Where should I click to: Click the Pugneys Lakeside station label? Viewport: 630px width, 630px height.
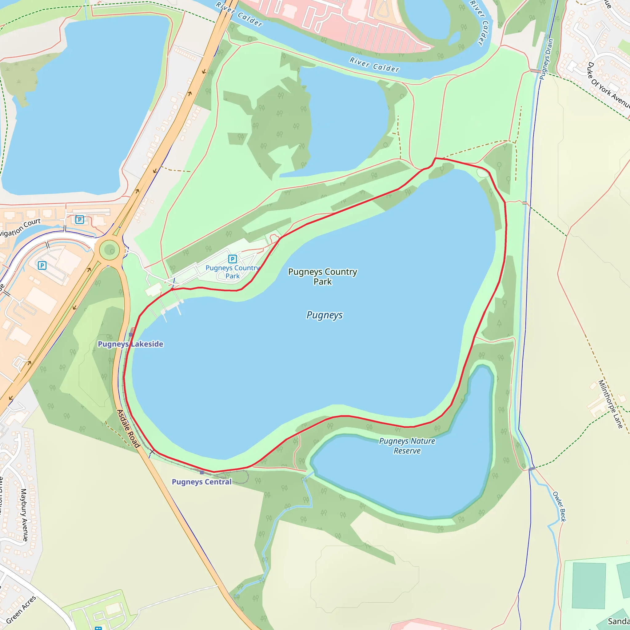point(130,344)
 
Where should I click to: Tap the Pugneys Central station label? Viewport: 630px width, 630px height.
point(201,482)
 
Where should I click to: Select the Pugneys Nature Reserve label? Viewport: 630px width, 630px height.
point(407,446)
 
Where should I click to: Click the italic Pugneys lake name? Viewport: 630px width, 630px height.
point(325,315)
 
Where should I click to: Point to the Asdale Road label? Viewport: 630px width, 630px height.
point(129,429)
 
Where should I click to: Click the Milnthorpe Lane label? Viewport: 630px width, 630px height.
point(610,404)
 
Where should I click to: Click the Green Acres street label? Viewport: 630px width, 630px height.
point(21,609)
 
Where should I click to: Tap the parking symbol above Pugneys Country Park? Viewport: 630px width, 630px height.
point(232,259)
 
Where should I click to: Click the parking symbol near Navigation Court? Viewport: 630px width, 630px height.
point(80,219)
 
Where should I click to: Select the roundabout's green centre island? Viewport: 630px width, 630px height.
point(110,250)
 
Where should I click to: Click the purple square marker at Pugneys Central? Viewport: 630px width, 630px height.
point(202,472)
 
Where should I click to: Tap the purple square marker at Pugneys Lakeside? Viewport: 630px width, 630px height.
point(131,335)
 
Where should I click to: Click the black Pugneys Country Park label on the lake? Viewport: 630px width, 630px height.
point(322,277)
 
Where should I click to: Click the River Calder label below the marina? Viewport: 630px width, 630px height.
point(374,64)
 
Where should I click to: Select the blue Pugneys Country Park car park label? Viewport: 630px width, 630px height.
point(232,272)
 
